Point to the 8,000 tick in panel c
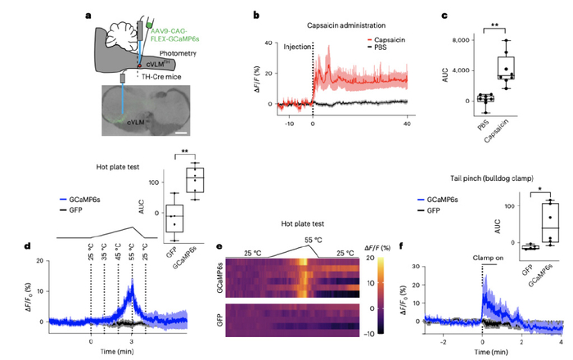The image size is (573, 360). pyautogui.click(x=474, y=40)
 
